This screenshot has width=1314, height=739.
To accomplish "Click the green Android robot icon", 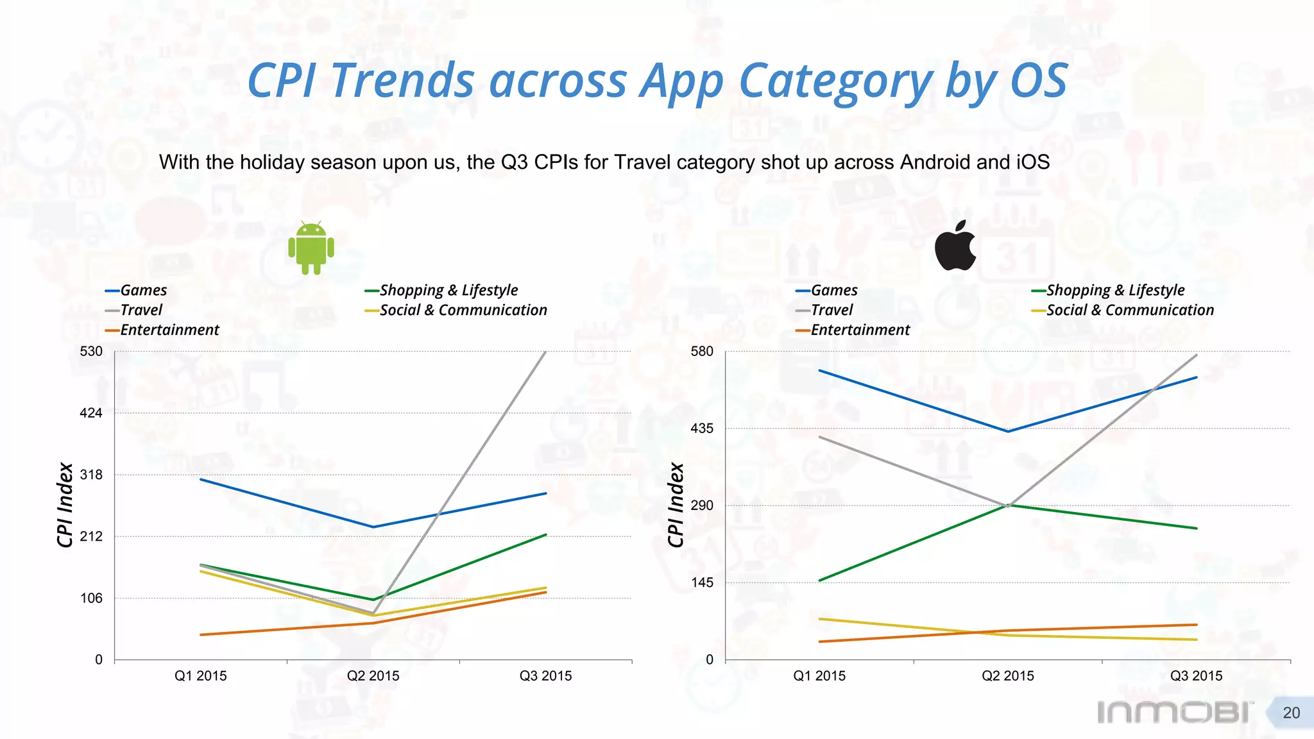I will click(311, 248).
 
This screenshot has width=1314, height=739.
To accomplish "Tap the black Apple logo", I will click(955, 246).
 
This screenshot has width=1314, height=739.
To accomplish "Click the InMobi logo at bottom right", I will click(1175, 712).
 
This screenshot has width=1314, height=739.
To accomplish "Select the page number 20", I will click(1291, 713).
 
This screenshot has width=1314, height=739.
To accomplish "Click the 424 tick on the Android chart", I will click(91, 413).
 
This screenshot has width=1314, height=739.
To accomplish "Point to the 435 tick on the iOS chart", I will click(702, 429).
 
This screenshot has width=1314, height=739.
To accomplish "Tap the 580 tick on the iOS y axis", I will click(702, 352).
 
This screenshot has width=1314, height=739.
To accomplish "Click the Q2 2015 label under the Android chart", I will click(373, 675).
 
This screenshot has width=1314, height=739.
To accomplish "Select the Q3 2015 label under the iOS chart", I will click(1196, 675).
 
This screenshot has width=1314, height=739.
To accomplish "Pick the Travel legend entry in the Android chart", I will click(141, 310).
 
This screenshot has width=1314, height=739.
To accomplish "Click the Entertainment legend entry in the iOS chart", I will click(860, 330).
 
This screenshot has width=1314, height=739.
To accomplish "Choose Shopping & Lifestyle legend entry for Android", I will click(448, 291).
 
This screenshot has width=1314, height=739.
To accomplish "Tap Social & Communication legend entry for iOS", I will click(1130, 310).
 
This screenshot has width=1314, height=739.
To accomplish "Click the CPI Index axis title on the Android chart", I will click(65, 505).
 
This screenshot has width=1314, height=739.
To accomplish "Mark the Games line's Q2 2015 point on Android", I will click(373, 527).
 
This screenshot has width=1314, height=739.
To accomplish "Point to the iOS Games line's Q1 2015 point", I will click(819, 370).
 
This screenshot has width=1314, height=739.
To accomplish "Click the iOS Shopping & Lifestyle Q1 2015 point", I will click(819, 581).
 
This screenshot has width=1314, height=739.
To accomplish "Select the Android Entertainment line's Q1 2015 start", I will click(201, 635).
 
